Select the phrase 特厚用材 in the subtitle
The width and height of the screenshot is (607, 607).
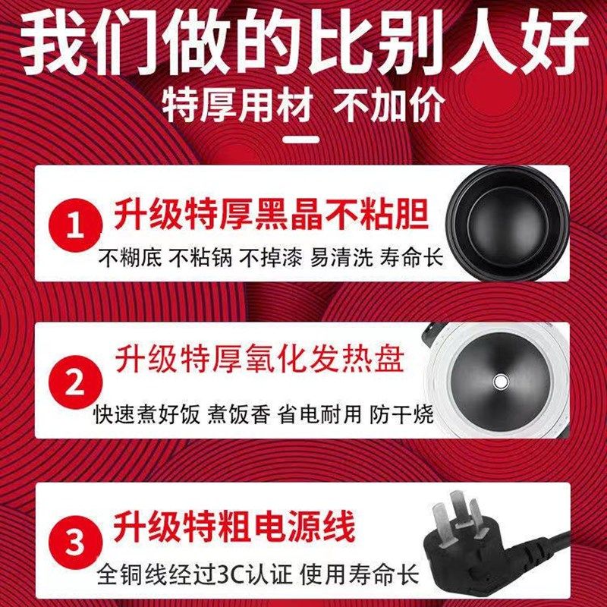tap(237, 105)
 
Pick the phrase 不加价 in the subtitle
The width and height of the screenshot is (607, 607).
tap(390, 105)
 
